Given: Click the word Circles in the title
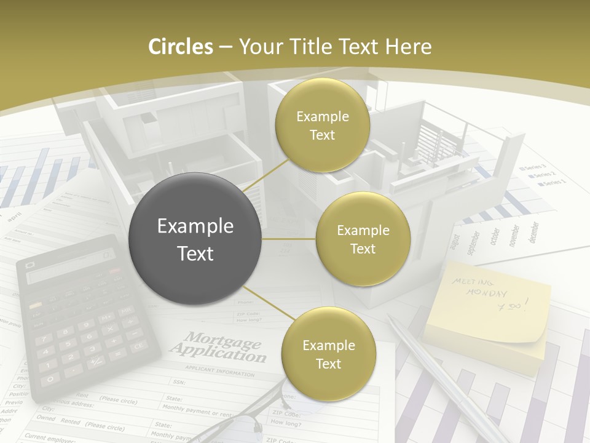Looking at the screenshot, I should pyautogui.click(x=180, y=47).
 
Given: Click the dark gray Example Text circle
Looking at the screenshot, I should pyautogui.click(x=195, y=239).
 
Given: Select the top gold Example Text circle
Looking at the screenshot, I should pyautogui.click(x=323, y=125).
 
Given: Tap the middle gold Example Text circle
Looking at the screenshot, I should pyautogui.click(x=363, y=239).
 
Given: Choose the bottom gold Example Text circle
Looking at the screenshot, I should pyautogui.click(x=328, y=354).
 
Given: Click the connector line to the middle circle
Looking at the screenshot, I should pyautogui.click(x=289, y=239).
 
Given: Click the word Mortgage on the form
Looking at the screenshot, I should pyautogui.click(x=224, y=340).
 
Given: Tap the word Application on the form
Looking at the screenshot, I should pyautogui.click(x=218, y=353).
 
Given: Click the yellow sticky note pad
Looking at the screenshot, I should pyautogui.click(x=486, y=314).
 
